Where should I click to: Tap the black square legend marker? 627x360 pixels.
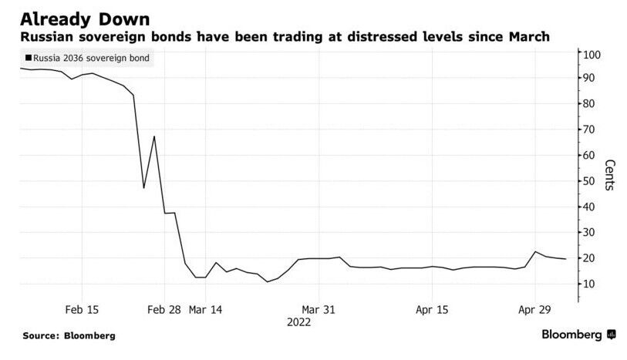click(29, 58)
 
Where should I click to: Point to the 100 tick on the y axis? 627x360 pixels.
click(592, 55)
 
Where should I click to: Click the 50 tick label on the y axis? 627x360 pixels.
click(590, 181)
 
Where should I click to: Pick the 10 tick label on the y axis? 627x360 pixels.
click(590, 284)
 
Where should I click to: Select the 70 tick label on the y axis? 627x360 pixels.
click(590, 130)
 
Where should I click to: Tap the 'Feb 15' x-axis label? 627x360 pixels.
click(81, 309)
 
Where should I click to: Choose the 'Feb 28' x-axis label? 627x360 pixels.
click(163, 309)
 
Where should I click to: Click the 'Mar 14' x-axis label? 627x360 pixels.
click(204, 309)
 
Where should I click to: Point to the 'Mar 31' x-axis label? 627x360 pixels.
click(319, 309)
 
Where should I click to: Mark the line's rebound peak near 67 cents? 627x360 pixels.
click(154, 136)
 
